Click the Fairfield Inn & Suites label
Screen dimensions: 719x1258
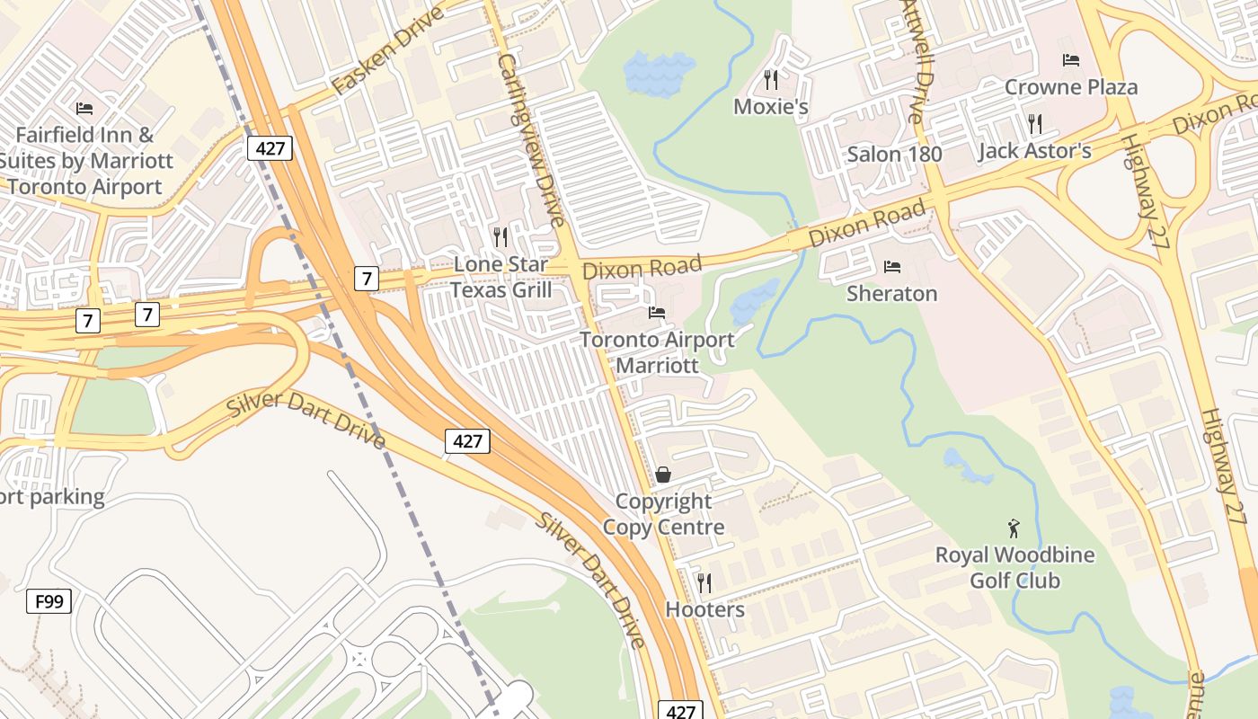pyautogui.click(x=85, y=161)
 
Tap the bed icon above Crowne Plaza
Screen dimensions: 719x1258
pyautogui.click(x=1071, y=60)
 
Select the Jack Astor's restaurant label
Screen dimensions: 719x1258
pyautogui.click(x=1034, y=150)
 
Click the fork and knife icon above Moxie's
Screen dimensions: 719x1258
pyautogui.click(x=770, y=79)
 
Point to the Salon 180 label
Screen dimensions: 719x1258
pyautogui.click(x=894, y=154)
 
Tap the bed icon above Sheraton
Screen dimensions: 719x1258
pyautogui.click(x=892, y=266)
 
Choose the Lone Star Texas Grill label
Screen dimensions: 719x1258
pyautogui.click(x=501, y=277)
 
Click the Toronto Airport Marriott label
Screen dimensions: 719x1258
pyautogui.click(x=657, y=352)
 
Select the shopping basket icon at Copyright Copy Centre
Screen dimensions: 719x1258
pyautogui.click(x=663, y=474)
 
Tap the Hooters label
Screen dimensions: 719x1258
pyautogui.click(x=704, y=609)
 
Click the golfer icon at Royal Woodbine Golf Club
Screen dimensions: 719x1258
pyautogui.click(x=1014, y=528)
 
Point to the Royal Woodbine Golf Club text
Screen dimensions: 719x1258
pyautogui.click(x=1014, y=567)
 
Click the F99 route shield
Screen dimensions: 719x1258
pyautogui.click(x=49, y=600)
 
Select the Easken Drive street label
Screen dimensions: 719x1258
pyautogui.click(x=387, y=51)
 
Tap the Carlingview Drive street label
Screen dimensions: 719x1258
pyautogui.click(x=531, y=139)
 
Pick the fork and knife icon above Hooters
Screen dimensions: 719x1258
pyautogui.click(x=704, y=582)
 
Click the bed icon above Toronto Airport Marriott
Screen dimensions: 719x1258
pyautogui.click(x=657, y=313)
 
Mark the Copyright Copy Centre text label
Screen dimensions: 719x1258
pyautogui.click(x=663, y=514)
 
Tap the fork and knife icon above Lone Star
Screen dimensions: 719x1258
pyautogui.click(x=501, y=236)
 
